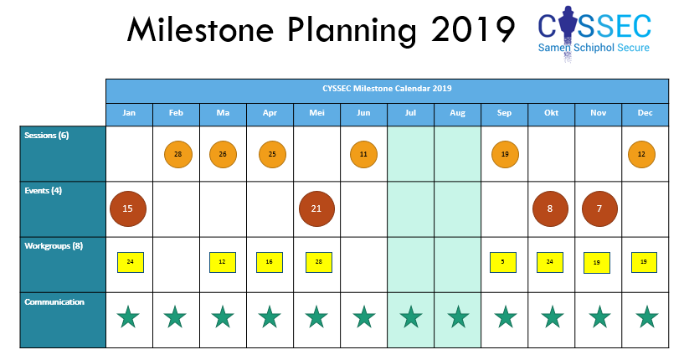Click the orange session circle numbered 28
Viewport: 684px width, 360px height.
coord(178,154)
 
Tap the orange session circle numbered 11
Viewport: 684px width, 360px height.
coord(363,154)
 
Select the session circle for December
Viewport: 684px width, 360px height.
coord(641,154)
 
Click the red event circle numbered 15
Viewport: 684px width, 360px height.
coord(128,208)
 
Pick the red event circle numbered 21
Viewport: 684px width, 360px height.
coord(316,208)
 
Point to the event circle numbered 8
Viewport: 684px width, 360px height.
coord(550,208)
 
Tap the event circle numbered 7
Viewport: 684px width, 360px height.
coord(599,208)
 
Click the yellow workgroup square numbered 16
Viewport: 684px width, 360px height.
coord(269,262)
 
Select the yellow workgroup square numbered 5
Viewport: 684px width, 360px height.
coord(503,262)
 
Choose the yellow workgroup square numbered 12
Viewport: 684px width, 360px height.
coord(223,262)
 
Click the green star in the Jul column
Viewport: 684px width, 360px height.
coord(411,316)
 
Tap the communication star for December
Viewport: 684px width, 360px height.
coord(647,316)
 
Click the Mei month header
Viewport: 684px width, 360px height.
coord(316,113)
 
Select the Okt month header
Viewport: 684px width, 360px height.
coord(552,113)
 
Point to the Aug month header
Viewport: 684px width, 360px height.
coord(458,113)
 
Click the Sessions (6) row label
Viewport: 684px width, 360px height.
coord(47,136)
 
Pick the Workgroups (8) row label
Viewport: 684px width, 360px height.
coord(54,246)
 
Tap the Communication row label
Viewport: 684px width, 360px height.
coord(54,302)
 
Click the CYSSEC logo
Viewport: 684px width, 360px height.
coord(594,33)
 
